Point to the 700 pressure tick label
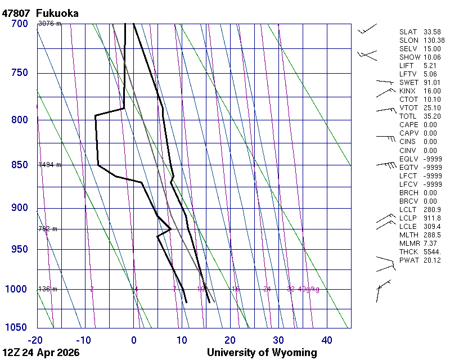19,24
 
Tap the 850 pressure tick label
19,165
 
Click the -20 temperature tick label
36,340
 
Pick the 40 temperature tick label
327,340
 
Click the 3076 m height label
49,24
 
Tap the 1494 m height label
49,165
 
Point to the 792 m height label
48,229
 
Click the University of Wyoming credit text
262,353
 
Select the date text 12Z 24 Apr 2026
40,353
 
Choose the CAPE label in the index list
408,124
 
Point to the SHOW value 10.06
432,57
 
